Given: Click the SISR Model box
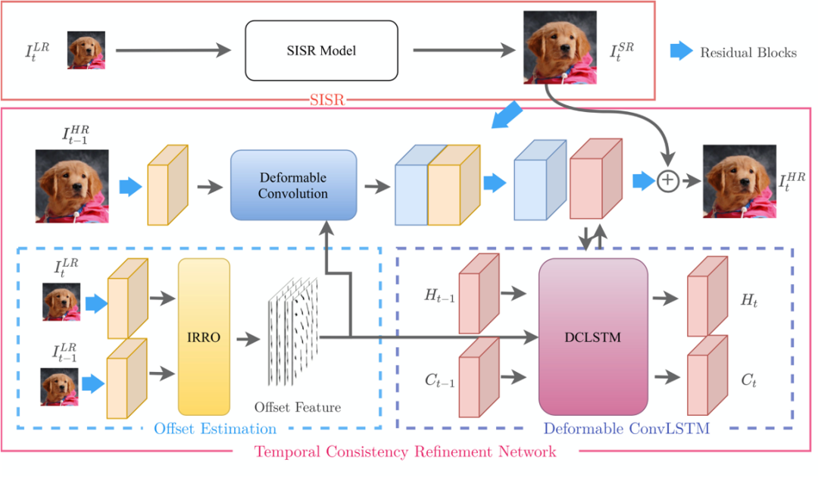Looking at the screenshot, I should [x=321, y=51].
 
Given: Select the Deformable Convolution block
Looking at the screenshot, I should [x=293, y=186].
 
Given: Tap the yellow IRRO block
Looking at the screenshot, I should [x=204, y=336].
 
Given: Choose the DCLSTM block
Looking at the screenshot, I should [x=593, y=337].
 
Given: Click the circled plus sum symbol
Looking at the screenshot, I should [x=667, y=182].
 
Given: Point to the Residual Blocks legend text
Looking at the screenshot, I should [x=748, y=52].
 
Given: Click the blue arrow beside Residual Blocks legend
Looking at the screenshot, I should [x=681, y=52].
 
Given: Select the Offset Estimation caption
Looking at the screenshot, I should [x=215, y=429].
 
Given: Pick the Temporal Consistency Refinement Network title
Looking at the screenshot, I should [x=404, y=452].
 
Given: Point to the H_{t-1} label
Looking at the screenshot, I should [x=439, y=296].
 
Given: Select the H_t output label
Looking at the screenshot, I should [x=749, y=301].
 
